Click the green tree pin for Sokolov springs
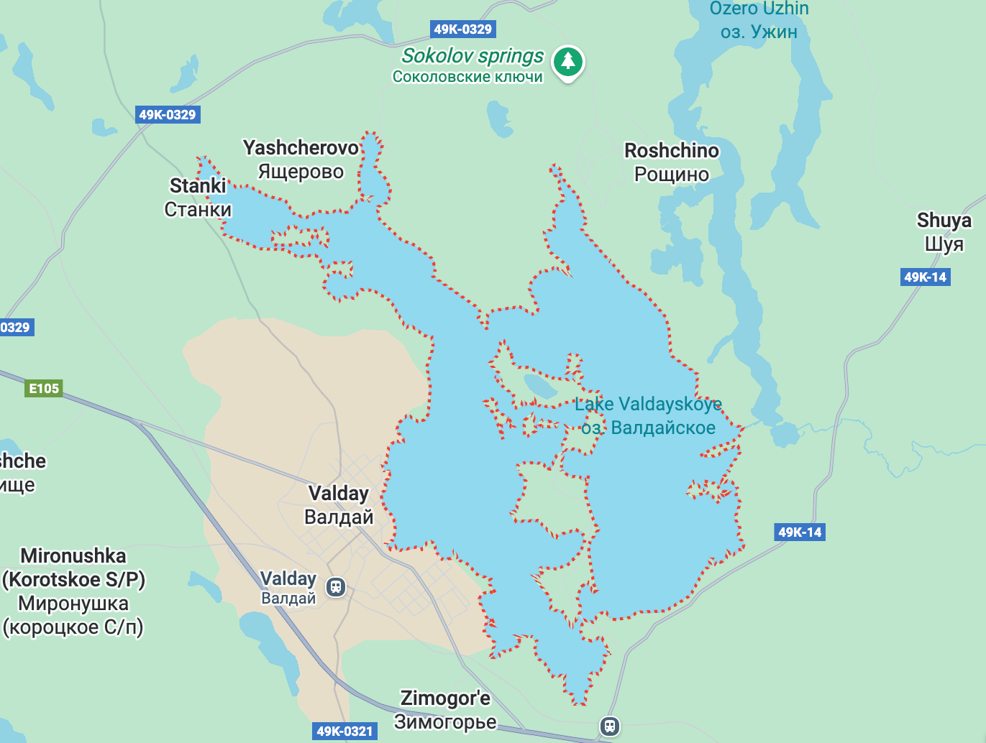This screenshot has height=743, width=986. point(568,62)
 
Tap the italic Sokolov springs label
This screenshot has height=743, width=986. point(473,55)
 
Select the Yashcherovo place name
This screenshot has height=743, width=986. point(301,148)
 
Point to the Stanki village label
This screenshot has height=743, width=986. point(198,186)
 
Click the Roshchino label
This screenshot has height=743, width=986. point(671,151)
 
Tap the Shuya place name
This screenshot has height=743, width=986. point(944,221)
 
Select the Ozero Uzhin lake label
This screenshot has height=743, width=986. point(759,9)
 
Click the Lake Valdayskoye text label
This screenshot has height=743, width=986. point(647,405)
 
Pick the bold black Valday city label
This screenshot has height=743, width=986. point(338,494)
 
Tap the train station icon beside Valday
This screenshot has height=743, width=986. point(336,587)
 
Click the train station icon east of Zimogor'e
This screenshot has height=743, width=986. point(610,726)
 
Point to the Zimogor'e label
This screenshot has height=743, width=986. point(445,698)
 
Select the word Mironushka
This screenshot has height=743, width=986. point(73,556)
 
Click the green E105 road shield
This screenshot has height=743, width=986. point(44,389)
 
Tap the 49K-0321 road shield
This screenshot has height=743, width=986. point(345,732)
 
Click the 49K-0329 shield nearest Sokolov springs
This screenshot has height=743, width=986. point(463,29)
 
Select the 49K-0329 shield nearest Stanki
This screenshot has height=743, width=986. point(168,114)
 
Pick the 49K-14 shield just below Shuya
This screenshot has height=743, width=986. point(925,277)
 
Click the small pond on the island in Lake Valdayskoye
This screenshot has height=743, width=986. point(540,386)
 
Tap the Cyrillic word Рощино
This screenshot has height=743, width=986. point(671,175)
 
